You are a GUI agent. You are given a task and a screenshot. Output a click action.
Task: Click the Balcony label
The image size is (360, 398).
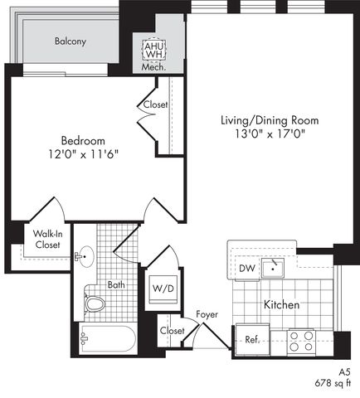pyautogui.click(x=71, y=41)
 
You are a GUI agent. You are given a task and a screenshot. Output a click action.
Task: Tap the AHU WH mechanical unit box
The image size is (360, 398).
pyautogui.click(x=154, y=51)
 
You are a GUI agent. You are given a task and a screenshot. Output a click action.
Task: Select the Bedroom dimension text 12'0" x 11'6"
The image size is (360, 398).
pyautogui.click(x=83, y=154)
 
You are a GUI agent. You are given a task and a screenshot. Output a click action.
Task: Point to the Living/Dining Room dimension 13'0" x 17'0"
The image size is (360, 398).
pyautogui.click(x=270, y=133)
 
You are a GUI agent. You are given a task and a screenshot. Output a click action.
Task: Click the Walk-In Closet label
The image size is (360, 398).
pyautogui.click(x=47, y=240)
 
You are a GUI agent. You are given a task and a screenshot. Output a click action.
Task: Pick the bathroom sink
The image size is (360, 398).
pyautogui.click(x=85, y=257)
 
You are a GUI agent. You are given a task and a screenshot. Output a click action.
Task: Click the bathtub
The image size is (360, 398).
pyautogui.click(x=108, y=338)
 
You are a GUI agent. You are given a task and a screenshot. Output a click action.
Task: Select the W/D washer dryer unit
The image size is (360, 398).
pyautogui.click(x=163, y=289)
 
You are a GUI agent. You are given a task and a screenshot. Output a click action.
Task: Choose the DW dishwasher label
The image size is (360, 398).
pyautogui.click(x=247, y=268)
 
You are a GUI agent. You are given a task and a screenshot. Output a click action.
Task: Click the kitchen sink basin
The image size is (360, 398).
pyautogui.click(x=273, y=269)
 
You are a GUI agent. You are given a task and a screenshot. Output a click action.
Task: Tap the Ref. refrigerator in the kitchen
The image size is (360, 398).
pyautogui.click(x=252, y=340)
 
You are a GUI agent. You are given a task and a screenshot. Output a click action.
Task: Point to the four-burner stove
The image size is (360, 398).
pyautogui.click(x=301, y=342)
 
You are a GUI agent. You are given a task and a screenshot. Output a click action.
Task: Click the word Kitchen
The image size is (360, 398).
pyautogui.click(x=281, y=304)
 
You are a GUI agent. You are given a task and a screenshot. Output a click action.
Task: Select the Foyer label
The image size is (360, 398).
pyautogui.click(x=207, y=314)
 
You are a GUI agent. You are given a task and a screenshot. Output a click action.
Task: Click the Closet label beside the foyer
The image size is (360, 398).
pyautogui.click(x=172, y=331)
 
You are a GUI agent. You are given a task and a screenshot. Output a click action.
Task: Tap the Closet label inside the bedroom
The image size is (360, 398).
pyautogui.click(x=155, y=104)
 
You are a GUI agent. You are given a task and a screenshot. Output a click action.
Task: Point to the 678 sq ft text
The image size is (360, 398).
pyautogui.click(x=333, y=383)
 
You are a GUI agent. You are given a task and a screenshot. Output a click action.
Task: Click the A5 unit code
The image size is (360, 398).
pyautogui.click(x=344, y=372)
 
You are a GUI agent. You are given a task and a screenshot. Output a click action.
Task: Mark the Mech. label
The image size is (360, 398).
pyautogui.click(x=153, y=67)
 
